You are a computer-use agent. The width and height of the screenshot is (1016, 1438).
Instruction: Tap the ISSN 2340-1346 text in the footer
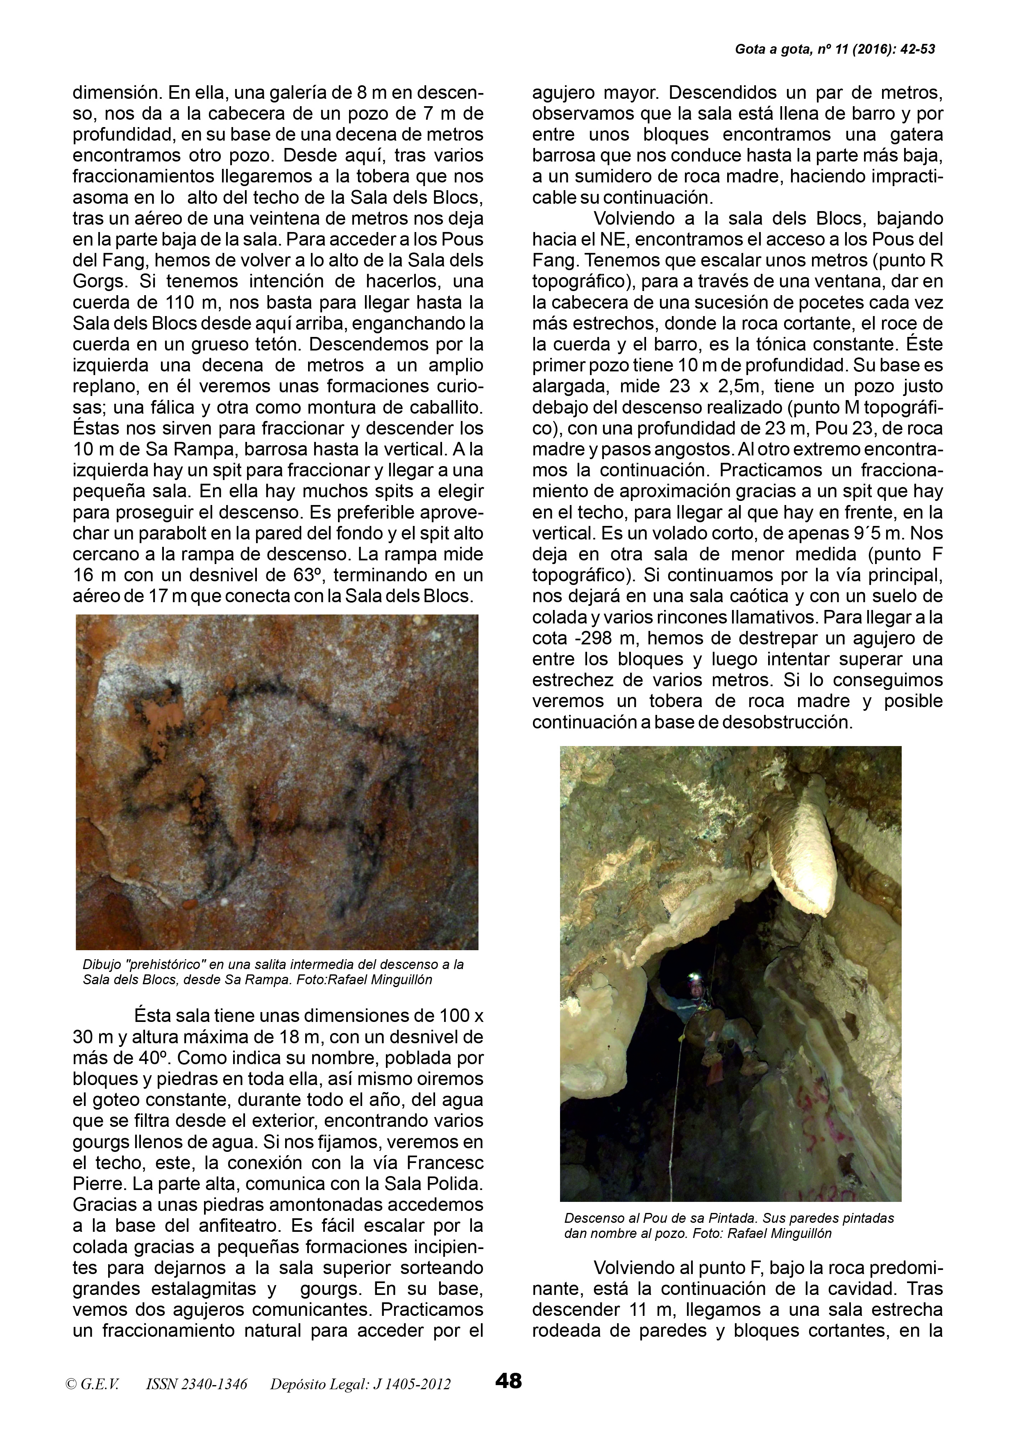[x=196, y=1383]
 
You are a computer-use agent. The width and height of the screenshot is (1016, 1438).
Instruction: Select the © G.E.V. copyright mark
[x=92, y=1383]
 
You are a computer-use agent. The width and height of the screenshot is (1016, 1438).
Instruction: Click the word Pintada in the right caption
[x=725, y=1218]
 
